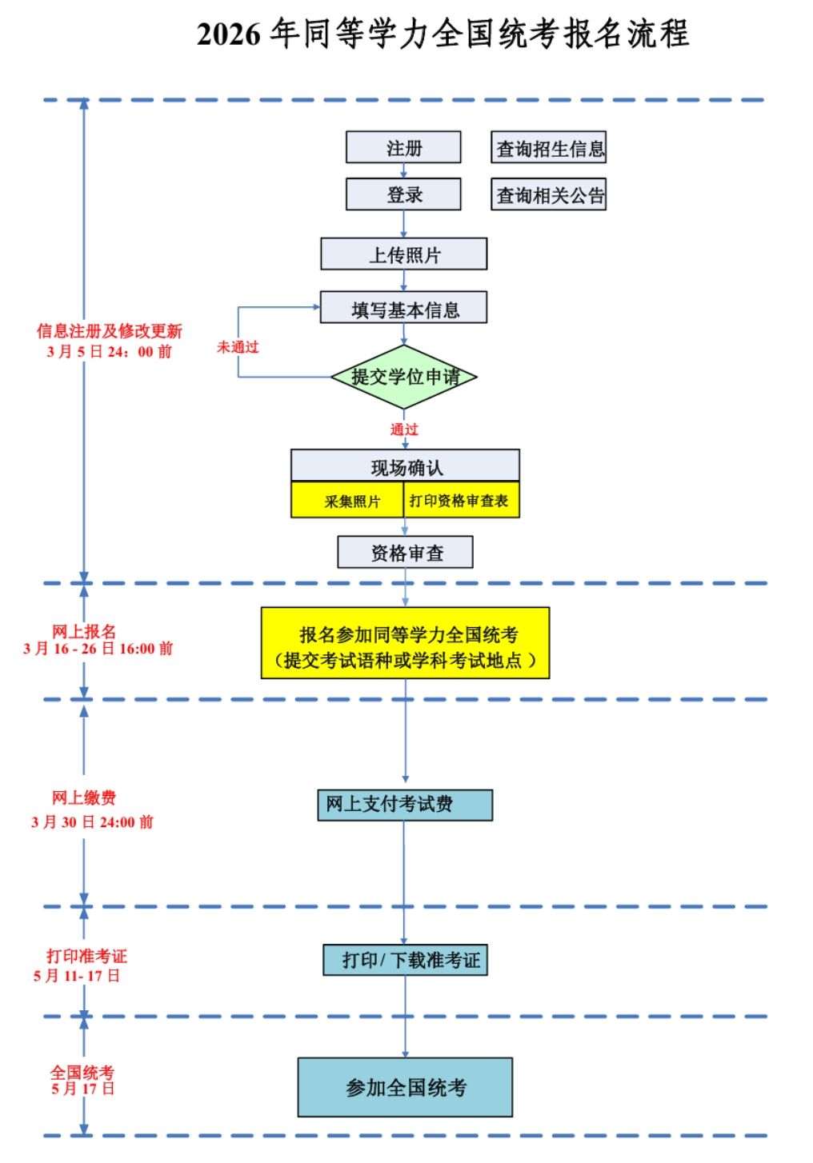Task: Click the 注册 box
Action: (403, 148)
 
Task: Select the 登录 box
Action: (403, 194)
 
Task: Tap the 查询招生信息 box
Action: (549, 148)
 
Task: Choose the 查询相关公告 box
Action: (549, 194)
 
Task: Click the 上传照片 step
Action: (403, 254)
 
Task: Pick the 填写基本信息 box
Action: (403, 308)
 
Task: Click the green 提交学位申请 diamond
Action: (404, 377)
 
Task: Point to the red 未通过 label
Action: (238, 347)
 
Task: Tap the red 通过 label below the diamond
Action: (404, 430)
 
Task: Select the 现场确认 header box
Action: (405, 466)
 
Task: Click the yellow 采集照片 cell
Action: (348, 501)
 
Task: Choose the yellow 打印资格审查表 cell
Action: (461, 501)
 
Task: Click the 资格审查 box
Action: (405, 553)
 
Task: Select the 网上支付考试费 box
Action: (405, 805)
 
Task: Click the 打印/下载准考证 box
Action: (405, 960)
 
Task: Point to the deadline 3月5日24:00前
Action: (110, 352)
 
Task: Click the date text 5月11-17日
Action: (77, 976)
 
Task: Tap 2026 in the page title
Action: (229, 34)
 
